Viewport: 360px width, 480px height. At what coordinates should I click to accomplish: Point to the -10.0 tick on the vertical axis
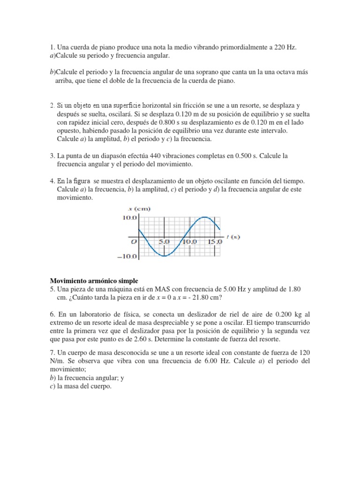click(127, 256)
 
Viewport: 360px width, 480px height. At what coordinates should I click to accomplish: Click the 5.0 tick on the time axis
click(164, 242)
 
